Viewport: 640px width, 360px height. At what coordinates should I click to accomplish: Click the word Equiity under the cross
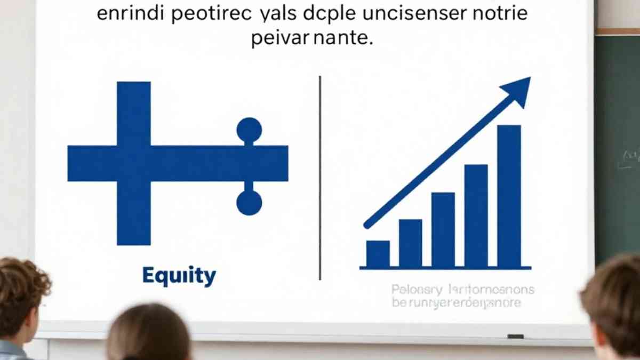[179, 276]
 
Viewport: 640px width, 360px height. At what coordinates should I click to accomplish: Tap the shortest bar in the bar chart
[378, 254]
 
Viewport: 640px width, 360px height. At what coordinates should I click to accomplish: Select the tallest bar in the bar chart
[509, 196]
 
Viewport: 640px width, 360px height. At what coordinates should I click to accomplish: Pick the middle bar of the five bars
[443, 229]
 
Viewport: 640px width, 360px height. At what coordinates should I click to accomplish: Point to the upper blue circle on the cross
[249, 130]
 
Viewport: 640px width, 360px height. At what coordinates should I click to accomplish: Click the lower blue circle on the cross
[249, 203]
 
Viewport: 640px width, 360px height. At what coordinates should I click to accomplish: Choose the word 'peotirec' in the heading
[209, 14]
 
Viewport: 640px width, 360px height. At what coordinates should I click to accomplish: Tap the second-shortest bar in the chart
[411, 243]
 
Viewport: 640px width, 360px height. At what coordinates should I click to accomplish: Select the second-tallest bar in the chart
[476, 215]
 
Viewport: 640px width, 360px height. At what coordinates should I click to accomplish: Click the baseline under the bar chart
[445, 268]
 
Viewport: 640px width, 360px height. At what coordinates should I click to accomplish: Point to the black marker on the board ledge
[515, 337]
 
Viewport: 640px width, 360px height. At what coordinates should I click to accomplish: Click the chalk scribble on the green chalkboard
[628, 158]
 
